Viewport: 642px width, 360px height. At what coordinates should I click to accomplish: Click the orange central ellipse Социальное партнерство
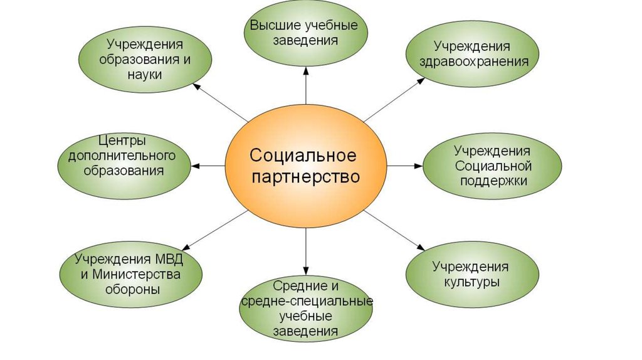click(306, 166)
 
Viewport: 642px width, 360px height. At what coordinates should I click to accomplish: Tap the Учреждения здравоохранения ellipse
click(473, 54)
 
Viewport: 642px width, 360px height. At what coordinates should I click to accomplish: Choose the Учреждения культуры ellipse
click(472, 275)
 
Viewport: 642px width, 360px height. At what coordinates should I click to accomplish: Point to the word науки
click(145, 75)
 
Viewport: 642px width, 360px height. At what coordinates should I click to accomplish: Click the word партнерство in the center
click(305, 177)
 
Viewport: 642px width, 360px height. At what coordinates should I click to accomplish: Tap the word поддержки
click(493, 181)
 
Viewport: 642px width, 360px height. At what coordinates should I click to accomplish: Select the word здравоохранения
click(474, 62)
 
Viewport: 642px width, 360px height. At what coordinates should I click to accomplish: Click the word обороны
click(132, 290)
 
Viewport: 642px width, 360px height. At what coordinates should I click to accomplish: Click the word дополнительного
click(122, 156)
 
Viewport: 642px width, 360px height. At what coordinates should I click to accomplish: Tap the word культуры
click(472, 283)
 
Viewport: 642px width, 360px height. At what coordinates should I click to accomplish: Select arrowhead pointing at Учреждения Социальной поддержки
click(418, 166)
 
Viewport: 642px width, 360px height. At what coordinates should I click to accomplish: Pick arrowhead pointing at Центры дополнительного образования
click(196, 166)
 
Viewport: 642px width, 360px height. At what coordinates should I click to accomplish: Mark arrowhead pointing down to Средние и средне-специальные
click(306, 270)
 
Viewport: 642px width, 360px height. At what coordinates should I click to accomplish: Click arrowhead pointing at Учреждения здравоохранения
click(421, 81)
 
